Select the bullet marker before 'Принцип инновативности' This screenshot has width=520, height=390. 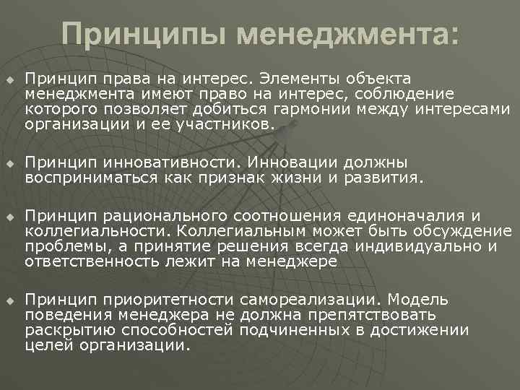click(x=10, y=164)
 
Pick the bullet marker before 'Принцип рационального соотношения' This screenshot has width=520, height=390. click(x=10, y=217)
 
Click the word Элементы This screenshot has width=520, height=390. click(x=298, y=77)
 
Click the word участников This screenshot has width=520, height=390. click(x=233, y=124)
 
